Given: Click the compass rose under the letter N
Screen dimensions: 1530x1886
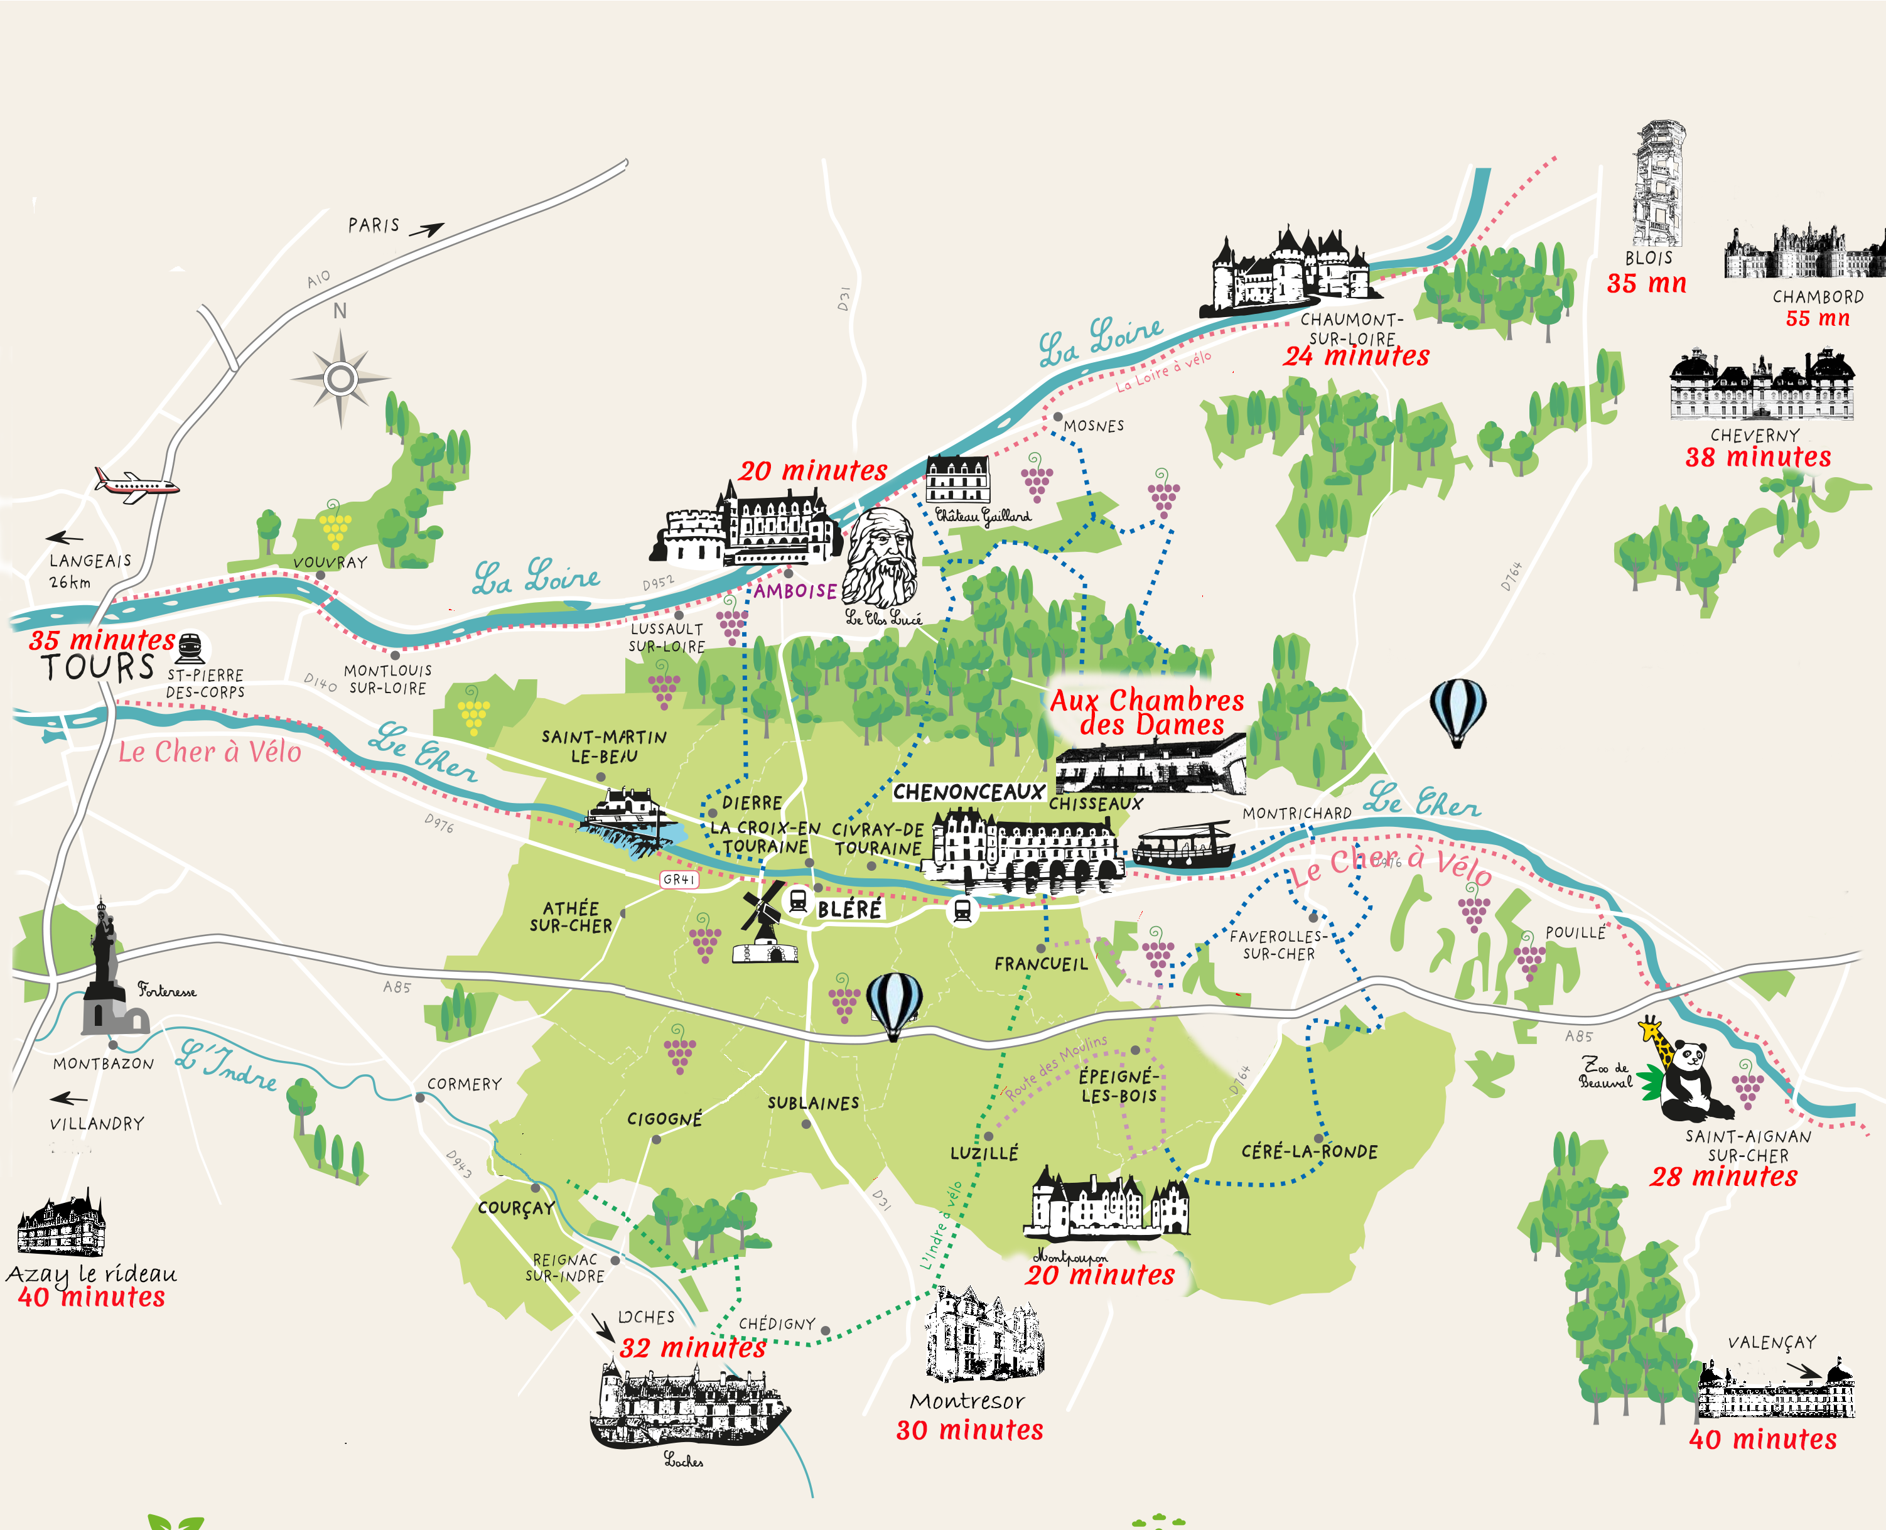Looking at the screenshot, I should pyautogui.click(x=340, y=379).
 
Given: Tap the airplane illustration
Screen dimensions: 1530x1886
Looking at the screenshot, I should pyautogui.click(x=137, y=484).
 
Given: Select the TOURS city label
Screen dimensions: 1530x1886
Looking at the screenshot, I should pyautogui.click(x=97, y=667).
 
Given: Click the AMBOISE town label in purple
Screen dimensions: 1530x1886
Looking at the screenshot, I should pyautogui.click(x=795, y=591).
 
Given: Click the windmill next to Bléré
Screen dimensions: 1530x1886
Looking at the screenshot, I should pyautogui.click(x=763, y=925).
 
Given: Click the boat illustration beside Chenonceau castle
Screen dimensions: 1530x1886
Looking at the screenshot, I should pyautogui.click(x=1183, y=846).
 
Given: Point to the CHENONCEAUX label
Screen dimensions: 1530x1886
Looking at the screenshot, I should pyautogui.click(x=967, y=792).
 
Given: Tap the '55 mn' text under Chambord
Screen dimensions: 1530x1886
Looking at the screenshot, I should pyautogui.click(x=1818, y=318).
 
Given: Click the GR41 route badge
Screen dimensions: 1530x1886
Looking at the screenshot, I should pyautogui.click(x=679, y=880).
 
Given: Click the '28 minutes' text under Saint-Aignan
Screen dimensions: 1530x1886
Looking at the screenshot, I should pyautogui.click(x=1723, y=1177).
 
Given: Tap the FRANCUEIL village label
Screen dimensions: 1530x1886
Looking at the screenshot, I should pyautogui.click(x=1041, y=964).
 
